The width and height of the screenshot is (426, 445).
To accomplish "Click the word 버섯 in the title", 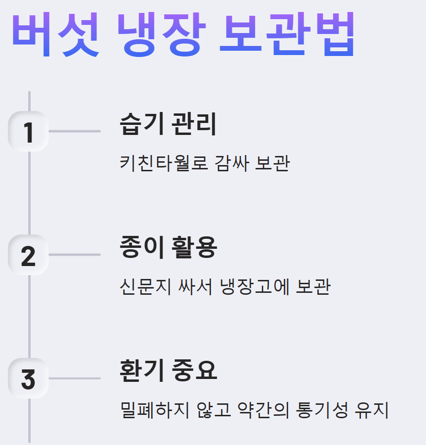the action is point(55,34).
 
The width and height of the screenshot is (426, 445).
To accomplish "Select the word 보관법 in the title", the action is point(287,34).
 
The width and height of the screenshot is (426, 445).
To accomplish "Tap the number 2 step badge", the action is point(29,256).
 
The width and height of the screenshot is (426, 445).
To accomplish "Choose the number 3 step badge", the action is point(29,379).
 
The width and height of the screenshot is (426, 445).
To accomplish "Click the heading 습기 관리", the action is point(168,124).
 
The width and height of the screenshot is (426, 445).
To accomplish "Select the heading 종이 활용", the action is point(168,247).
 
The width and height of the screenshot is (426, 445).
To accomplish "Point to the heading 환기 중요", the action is point(168,371).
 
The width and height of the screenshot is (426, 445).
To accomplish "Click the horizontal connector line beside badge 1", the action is point(75,131).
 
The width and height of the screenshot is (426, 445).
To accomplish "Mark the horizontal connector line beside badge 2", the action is point(75,255).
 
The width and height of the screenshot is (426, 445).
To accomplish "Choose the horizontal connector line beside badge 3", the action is point(75,378).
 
